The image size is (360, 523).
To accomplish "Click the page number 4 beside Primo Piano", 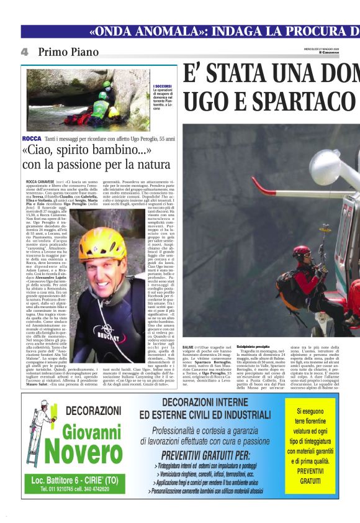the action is (24, 53).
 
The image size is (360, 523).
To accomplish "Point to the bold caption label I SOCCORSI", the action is (162, 86).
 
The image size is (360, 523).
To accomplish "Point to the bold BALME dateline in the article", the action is (188, 347).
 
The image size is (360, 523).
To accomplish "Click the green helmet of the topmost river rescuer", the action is (107, 84).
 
